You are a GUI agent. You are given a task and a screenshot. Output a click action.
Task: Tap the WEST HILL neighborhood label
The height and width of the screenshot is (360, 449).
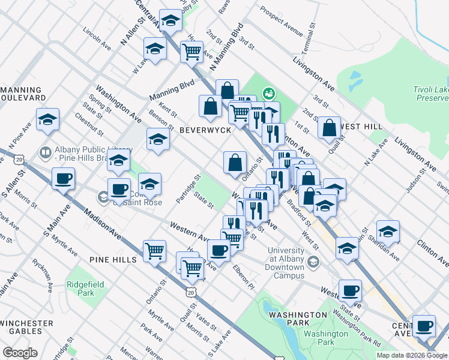click(x=361, y=127)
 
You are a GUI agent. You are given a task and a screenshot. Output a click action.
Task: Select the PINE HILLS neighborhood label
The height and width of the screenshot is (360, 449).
click(x=113, y=259)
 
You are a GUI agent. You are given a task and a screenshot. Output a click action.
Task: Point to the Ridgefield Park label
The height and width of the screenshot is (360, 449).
click(x=82, y=289)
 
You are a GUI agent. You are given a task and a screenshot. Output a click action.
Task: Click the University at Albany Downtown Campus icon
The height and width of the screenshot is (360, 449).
click(x=316, y=262)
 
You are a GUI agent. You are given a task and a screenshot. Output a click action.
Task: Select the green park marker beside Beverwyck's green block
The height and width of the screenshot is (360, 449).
click(x=268, y=93)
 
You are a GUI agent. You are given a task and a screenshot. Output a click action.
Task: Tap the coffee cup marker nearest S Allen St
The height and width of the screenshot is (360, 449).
click(x=63, y=178)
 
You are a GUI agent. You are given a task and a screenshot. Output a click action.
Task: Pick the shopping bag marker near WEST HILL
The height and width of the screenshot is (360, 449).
click(x=329, y=127)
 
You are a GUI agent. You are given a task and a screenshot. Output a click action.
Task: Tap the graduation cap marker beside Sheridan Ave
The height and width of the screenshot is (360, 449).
click(x=388, y=231)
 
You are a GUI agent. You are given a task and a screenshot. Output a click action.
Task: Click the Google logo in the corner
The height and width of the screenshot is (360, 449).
click(x=20, y=353)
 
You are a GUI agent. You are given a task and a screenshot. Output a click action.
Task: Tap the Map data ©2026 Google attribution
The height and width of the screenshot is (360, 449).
click(x=412, y=355)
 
